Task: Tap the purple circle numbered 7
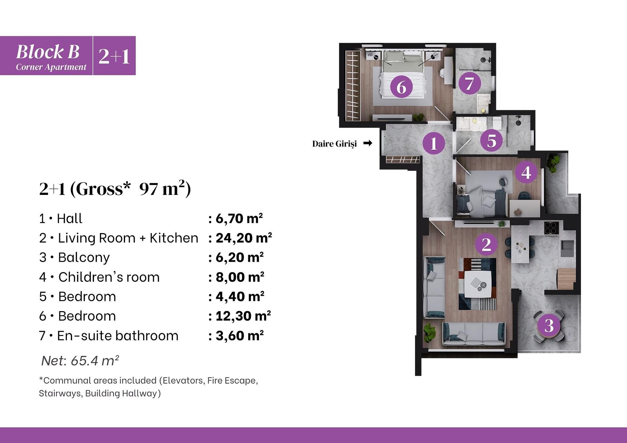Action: point(470,83)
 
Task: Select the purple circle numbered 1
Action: point(434,143)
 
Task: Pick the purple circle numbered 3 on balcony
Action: point(549,325)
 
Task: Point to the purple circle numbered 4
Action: point(526,172)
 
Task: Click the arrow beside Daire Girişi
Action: point(368,143)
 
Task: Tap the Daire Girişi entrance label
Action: point(334,144)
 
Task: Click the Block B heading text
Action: point(48,52)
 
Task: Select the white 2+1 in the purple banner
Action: point(114,56)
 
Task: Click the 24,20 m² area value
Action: point(244,238)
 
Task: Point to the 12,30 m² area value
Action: point(243,316)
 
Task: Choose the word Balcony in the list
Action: point(84,258)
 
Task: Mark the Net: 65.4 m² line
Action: point(80,360)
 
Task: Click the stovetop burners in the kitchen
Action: point(551,228)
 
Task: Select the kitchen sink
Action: point(568,248)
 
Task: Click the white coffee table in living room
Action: point(478,284)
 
